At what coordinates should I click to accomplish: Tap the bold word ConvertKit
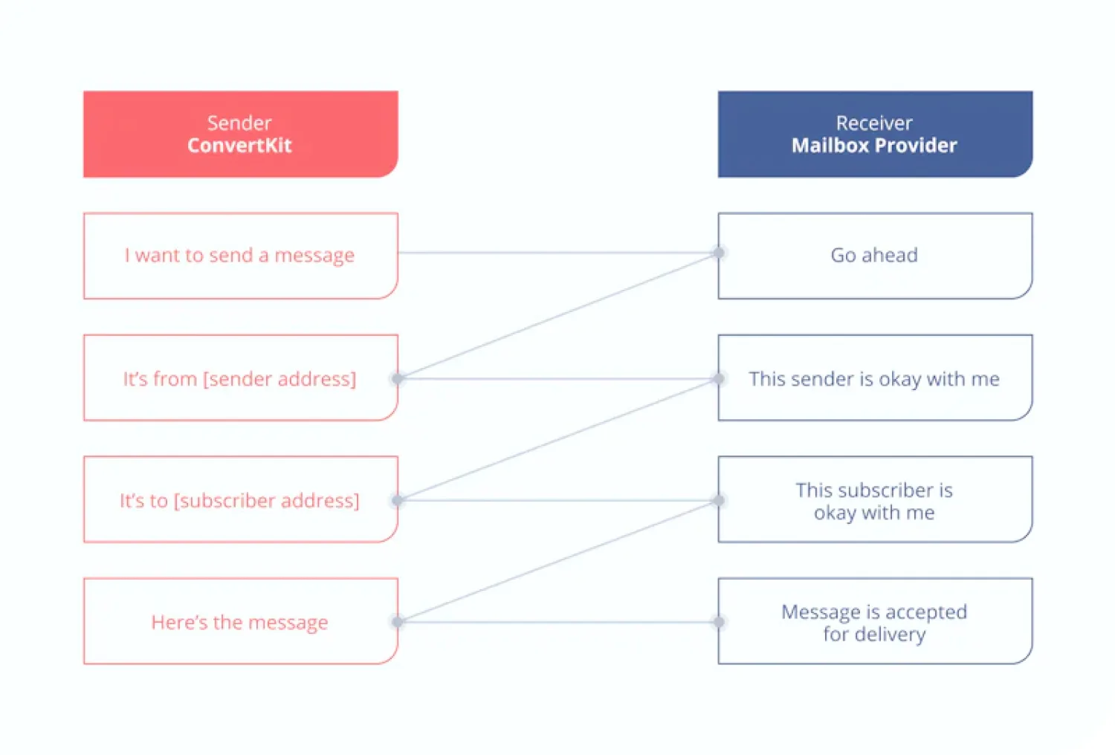click(x=239, y=146)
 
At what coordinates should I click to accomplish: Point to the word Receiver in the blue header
click(x=873, y=123)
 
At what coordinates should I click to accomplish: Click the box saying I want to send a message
click(x=240, y=256)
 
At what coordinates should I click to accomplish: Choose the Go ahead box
click(x=874, y=256)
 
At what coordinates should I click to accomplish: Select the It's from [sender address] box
click(x=240, y=379)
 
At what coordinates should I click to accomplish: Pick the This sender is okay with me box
click(x=874, y=379)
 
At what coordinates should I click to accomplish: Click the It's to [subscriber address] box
click(x=240, y=500)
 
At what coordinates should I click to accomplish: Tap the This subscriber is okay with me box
click(x=874, y=500)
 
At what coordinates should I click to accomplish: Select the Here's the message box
click(x=240, y=622)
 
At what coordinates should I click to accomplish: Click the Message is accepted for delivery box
click(x=874, y=622)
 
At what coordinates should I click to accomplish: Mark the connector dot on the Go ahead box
click(x=719, y=253)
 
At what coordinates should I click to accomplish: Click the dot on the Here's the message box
click(x=398, y=622)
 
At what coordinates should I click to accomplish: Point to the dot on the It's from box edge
click(x=398, y=379)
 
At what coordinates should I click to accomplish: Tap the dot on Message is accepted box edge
click(x=719, y=622)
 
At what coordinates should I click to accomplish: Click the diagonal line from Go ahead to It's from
click(x=557, y=316)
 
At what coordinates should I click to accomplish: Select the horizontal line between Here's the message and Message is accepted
click(x=557, y=622)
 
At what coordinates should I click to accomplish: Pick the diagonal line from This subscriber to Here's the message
click(x=557, y=562)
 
